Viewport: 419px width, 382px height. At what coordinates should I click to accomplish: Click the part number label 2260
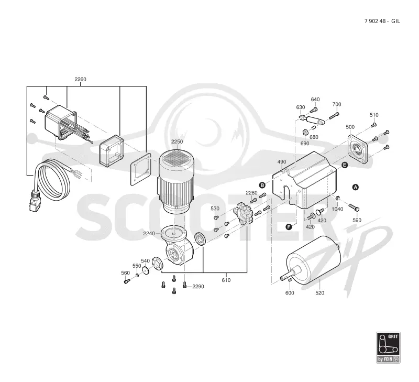pos(80,79)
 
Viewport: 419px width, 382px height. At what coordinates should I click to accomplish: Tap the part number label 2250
pos(177,141)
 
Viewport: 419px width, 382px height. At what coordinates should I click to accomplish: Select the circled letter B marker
pos(262,185)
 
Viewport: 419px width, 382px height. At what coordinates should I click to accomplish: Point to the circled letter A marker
pos(356,188)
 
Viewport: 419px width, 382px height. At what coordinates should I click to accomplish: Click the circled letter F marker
pos(289,227)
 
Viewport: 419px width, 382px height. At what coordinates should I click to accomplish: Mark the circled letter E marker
pos(345,165)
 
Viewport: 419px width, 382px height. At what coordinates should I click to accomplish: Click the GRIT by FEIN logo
pos(388,347)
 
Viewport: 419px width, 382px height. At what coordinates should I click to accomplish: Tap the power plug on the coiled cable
pos(34,201)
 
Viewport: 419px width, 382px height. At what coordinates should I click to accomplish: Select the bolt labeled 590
pos(354,207)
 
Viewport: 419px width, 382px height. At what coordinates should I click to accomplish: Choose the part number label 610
pos(226,280)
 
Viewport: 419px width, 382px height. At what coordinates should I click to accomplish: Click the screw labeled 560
pos(127,281)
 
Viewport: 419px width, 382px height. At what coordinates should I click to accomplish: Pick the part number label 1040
pos(337,209)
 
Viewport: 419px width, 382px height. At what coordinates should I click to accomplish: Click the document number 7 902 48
pos(375,21)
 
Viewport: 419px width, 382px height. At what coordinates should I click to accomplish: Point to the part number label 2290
pos(198,287)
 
